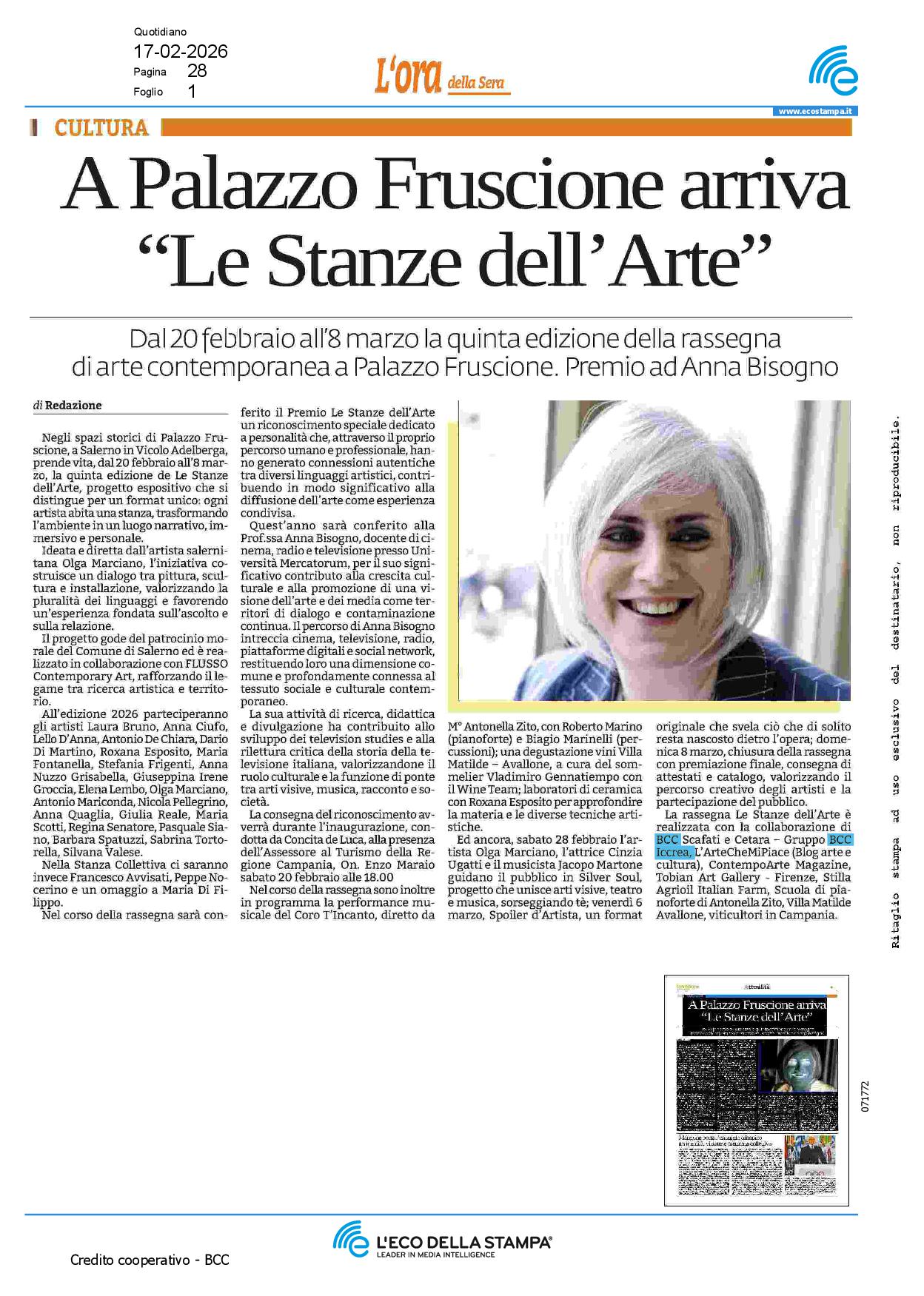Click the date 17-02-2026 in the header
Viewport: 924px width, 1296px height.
point(180,52)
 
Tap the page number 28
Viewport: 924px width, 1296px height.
point(197,71)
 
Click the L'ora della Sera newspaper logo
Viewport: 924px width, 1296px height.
point(441,78)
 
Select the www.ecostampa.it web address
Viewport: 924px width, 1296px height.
point(815,112)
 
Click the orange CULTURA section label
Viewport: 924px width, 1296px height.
point(101,127)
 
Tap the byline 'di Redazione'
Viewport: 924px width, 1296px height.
point(67,406)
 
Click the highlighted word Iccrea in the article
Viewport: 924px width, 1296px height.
point(673,852)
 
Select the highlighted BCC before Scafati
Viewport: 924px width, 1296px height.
point(667,839)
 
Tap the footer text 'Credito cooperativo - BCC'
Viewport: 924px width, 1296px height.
point(150,1260)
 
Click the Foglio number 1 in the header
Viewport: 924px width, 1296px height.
point(192,92)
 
